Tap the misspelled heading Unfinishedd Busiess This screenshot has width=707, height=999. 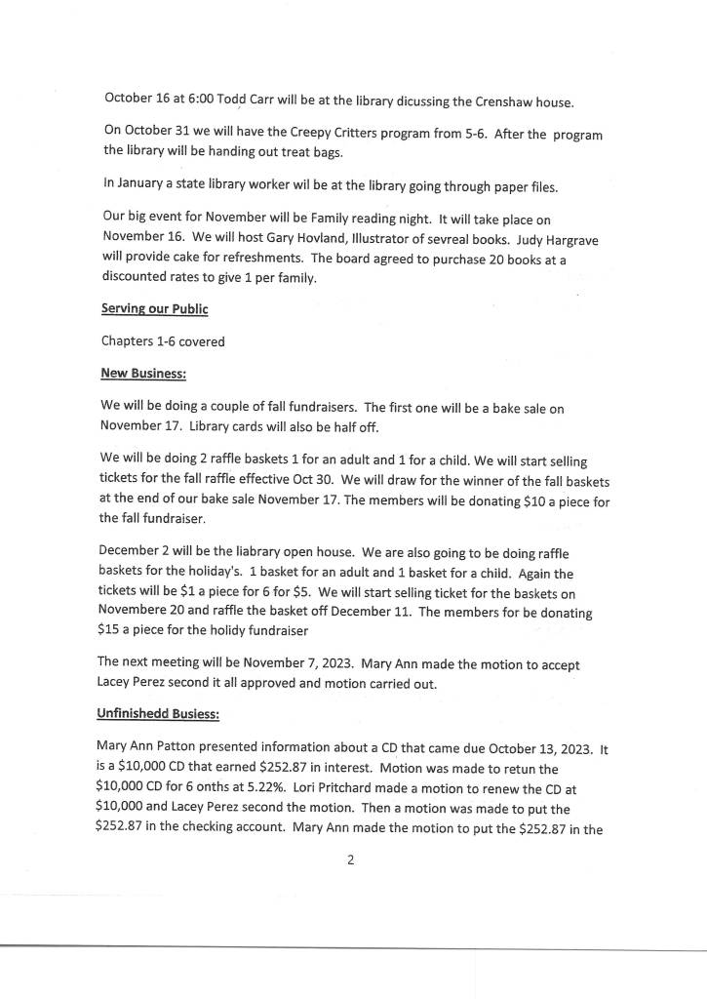pos(159,714)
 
